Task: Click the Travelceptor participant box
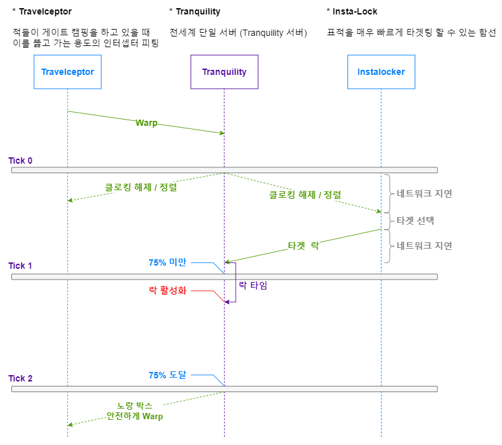pos(67,72)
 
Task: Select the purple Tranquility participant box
pos(224,72)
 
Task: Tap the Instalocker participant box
pos(381,72)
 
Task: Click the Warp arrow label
pos(146,123)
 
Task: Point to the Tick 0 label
pos(21,161)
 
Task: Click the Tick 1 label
pos(21,266)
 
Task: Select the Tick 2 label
pos(21,378)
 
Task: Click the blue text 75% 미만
pos(167,262)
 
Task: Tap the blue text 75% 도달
pos(167,375)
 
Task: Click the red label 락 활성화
pos(168,291)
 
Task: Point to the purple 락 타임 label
pos(253,285)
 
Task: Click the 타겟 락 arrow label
pos(303,246)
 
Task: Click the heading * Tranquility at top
pos(195,11)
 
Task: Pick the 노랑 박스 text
pos(134,406)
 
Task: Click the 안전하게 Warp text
pos(135,416)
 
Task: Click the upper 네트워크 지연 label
pos(424,193)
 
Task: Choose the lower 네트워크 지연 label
pos(424,245)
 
